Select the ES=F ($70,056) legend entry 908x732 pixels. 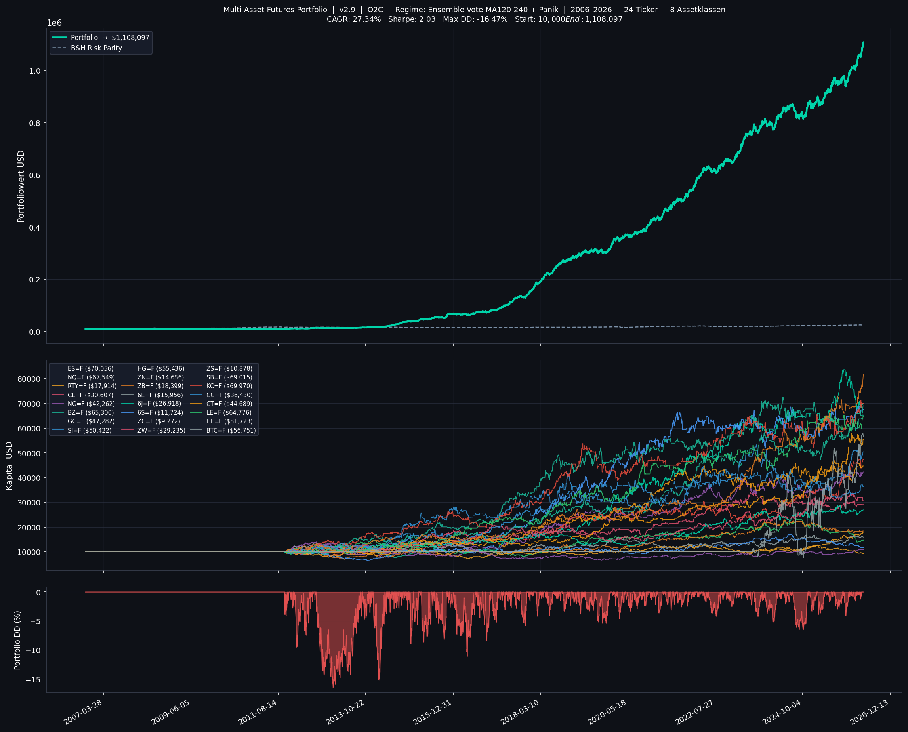(90, 368)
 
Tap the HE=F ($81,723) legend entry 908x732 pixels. (229, 421)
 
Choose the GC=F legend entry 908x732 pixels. (91, 421)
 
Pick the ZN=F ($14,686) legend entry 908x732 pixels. (160, 377)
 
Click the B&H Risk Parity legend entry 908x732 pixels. (96, 48)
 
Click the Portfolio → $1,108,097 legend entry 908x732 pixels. (110, 38)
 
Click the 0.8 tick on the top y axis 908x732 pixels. (34, 123)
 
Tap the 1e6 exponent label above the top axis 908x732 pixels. (54, 23)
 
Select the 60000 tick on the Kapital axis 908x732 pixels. (29, 429)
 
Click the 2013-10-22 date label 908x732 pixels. (345, 712)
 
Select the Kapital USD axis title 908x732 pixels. (9, 465)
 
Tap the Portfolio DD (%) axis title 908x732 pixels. (17, 640)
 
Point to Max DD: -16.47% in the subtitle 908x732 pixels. (475, 19)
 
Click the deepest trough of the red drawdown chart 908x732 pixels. (334, 687)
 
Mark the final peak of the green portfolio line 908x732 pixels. (863, 42)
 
